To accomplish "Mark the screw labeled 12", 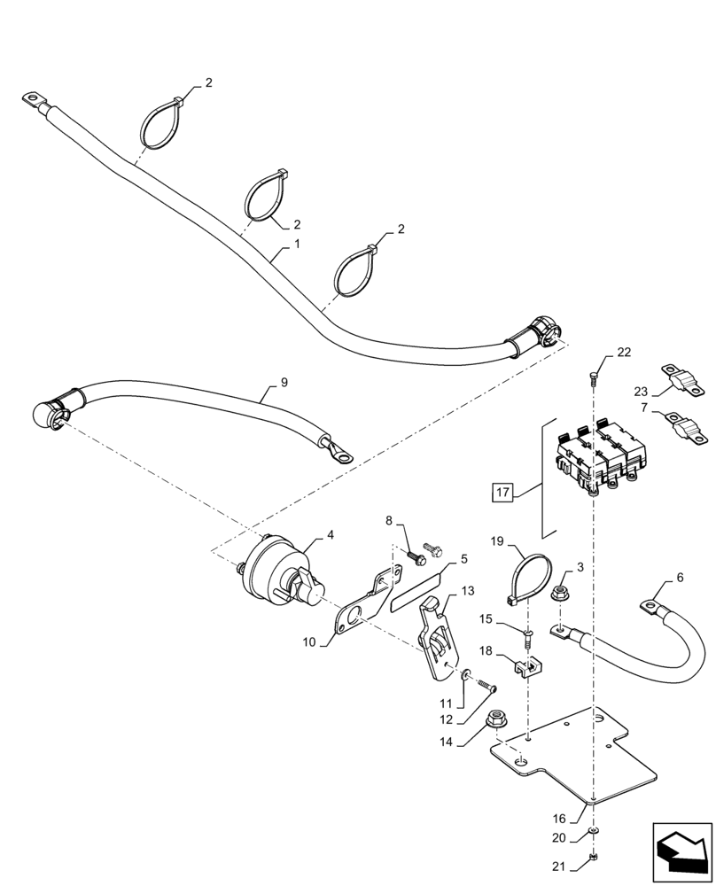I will (x=485, y=685).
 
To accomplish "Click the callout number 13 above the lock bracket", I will (x=467, y=591).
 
